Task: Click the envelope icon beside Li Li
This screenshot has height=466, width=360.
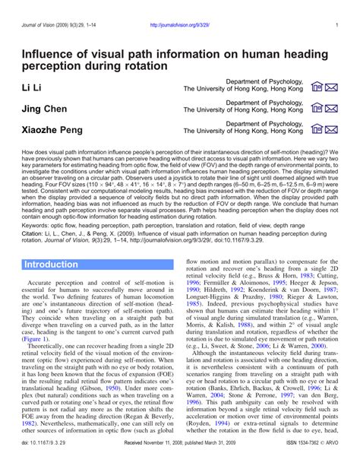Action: tap(332, 89)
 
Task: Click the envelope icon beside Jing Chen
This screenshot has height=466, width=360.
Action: tap(332, 109)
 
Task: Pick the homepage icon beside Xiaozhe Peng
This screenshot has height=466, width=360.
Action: tap(317, 129)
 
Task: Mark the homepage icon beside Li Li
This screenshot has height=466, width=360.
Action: tap(317, 89)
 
